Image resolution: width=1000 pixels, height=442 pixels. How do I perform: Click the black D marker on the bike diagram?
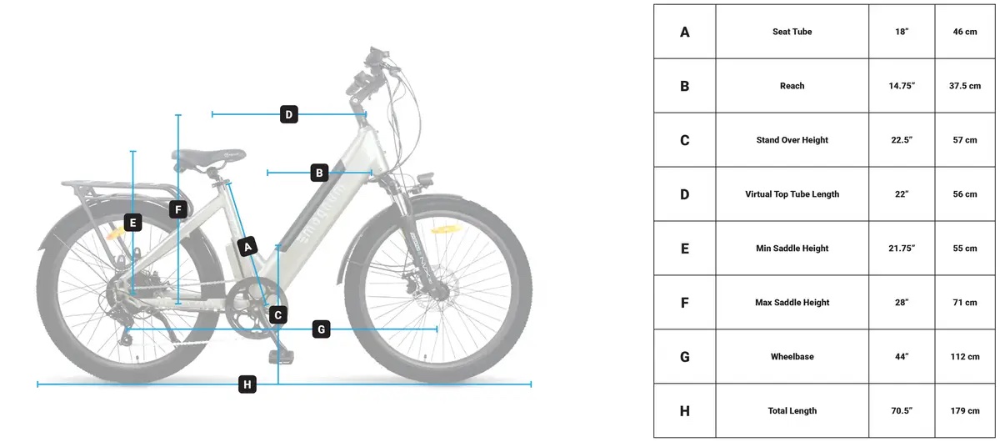coord(289,114)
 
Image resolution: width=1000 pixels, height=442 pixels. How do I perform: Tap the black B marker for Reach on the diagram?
coord(319,173)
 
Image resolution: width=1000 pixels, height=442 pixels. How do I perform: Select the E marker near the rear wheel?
coord(132,223)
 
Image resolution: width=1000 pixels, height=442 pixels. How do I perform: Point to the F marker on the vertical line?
coord(178,209)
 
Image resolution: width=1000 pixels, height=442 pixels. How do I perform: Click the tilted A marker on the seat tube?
coord(247,247)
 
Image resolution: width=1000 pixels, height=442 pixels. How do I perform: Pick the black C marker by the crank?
coord(278,315)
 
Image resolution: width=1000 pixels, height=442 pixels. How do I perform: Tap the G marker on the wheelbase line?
coord(322,329)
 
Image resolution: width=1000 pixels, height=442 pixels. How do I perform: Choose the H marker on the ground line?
coord(247,384)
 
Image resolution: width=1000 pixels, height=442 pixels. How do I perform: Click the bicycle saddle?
coord(208,158)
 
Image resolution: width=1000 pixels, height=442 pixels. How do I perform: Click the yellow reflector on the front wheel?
coord(443,229)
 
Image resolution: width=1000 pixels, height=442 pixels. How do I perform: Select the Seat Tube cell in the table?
coord(792,32)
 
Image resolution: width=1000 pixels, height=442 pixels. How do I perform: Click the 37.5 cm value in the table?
coord(965,86)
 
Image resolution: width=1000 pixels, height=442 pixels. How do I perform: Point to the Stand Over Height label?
coord(792,140)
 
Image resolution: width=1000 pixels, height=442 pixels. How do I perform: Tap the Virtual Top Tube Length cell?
coord(792,194)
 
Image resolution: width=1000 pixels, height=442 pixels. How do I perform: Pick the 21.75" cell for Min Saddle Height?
coord(902,248)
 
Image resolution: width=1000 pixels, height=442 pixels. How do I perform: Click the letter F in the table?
coord(684,303)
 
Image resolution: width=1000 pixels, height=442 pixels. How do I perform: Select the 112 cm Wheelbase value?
coord(965,357)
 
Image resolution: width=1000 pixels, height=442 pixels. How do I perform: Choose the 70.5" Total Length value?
coord(902,410)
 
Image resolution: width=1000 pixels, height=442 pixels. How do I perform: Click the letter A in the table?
coord(684,32)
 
